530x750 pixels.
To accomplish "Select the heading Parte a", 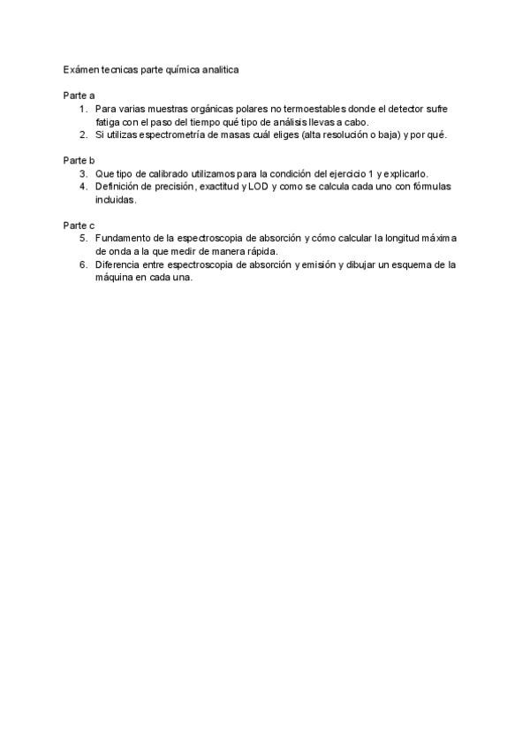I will click(79, 95).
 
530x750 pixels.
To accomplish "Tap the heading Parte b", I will click(79, 160).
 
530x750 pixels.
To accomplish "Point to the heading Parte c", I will click(79, 226).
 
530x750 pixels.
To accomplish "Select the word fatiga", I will click(109, 121).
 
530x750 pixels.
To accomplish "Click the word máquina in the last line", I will click(116, 278).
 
